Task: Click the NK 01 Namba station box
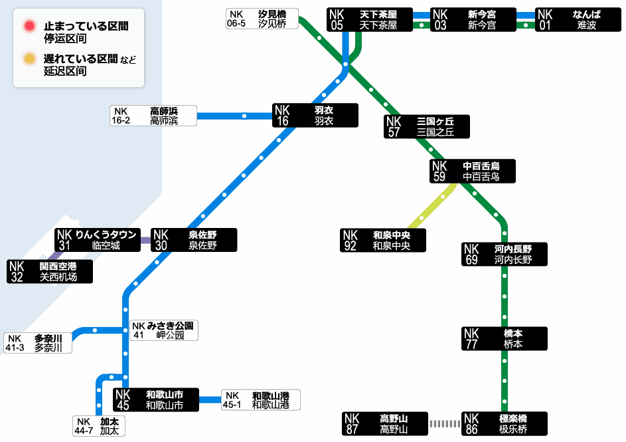tap(578, 19)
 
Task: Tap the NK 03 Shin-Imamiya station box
tap(473, 19)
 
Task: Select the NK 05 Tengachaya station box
tap(370, 19)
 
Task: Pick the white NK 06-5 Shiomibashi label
tap(262, 19)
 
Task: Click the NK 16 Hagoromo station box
tap(315, 116)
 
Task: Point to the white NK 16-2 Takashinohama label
tap(153, 116)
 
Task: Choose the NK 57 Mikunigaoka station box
tap(427, 127)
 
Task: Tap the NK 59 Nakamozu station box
tap(473, 171)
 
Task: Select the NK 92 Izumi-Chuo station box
tap(383, 240)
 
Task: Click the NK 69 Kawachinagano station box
tap(505, 254)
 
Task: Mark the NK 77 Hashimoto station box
tap(505, 338)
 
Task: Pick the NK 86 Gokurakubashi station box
tap(505, 423)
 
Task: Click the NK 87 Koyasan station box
tap(385, 423)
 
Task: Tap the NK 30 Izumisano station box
tap(194, 240)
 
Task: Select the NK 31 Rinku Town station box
tap(98, 240)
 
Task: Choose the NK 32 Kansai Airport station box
tap(50, 271)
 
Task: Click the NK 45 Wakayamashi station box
tap(156, 399)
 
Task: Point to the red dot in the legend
tap(30, 26)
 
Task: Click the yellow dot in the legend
tap(30, 58)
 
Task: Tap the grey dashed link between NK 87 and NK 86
tap(445, 423)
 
